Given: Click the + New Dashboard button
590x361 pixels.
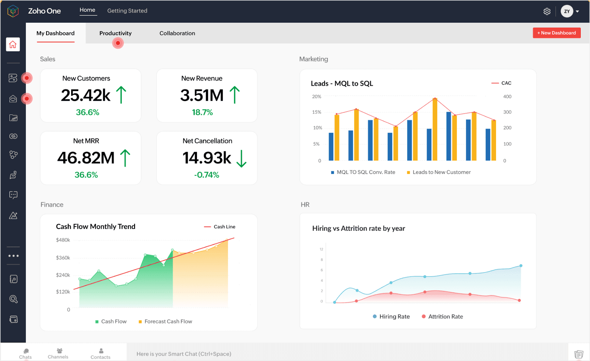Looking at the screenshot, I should click(x=556, y=33).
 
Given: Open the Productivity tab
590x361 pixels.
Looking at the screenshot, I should click(x=115, y=33).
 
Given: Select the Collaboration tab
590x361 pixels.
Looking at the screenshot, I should click(x=177, y=33).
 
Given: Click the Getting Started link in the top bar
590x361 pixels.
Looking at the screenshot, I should click(x=127, y=11).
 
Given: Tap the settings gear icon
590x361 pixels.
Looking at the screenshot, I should click(x=547, y=11).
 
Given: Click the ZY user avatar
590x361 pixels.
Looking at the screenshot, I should click(x=567, y=11).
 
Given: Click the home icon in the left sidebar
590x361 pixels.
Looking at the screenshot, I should click(x=13, y=45).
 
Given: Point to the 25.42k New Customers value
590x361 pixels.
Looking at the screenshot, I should click(x=86, y=95).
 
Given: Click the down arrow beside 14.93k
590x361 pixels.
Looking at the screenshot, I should click(x=241, y=158).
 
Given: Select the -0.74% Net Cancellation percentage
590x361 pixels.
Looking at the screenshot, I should click(x=206, y=175).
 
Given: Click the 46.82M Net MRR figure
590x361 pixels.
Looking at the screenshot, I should click(x=86, y=158).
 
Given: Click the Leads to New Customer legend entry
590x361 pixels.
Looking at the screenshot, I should click(x=441, y=172).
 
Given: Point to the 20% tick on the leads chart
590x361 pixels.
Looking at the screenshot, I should click(x=316, y=97).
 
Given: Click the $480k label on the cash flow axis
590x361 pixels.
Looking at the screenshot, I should click(x=63, y=240).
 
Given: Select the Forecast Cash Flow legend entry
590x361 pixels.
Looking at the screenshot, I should click(x=168, y=322).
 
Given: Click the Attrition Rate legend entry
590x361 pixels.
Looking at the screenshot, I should click(x=445, y=316).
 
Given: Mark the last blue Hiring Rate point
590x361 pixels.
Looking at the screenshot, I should click(x=521, y=266).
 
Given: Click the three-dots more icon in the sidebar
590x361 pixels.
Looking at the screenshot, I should click(x=13, y=256).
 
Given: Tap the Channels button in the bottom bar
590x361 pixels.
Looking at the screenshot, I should click(x=58, y=354).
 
